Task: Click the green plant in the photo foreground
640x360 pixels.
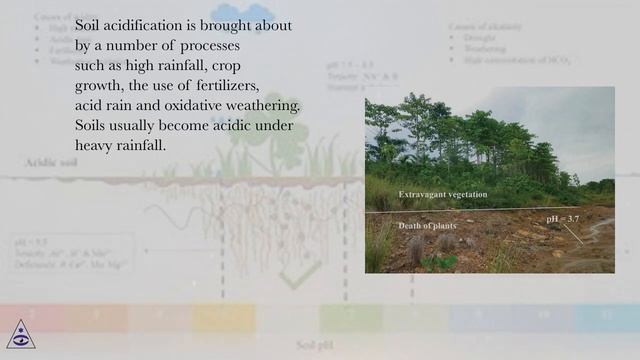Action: pyautogui.click(x=437, y=262)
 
